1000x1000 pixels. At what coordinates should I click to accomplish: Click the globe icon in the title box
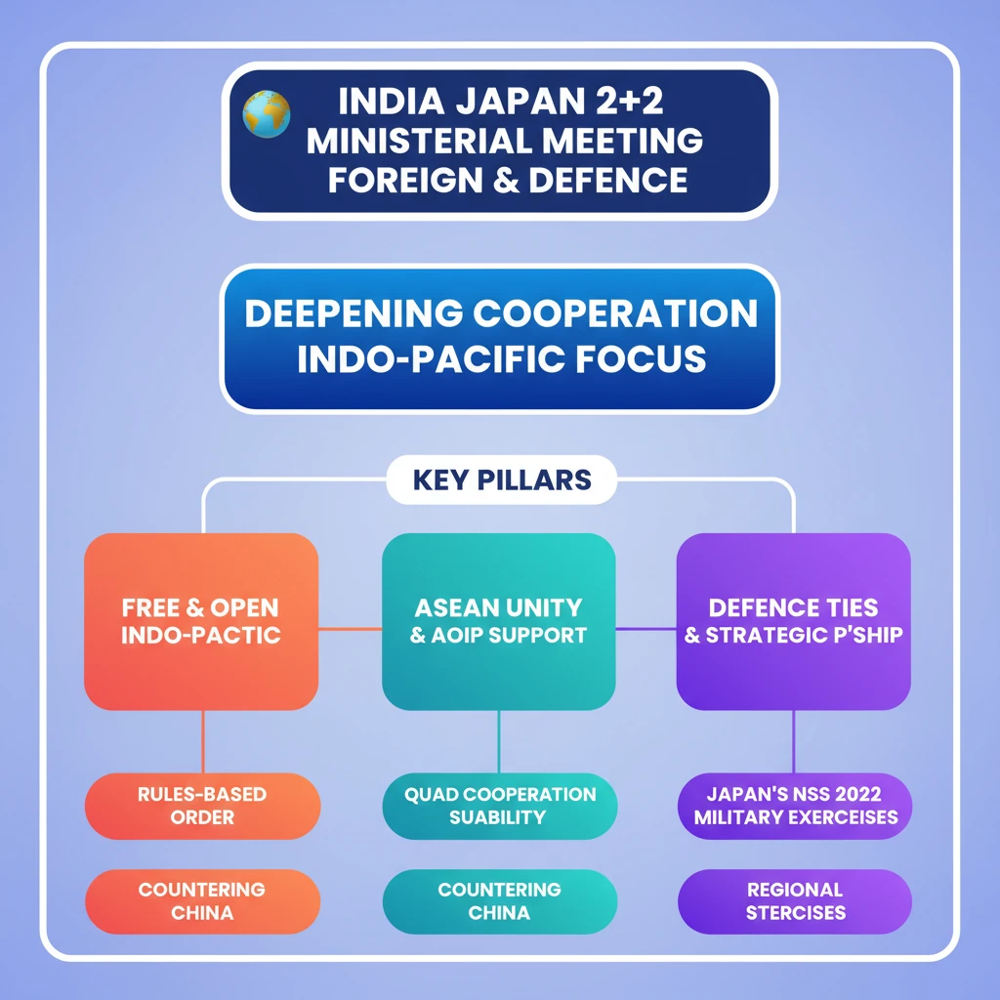pyautogui.click(x=267, y=114)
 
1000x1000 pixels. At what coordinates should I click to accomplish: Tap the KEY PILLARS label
pyautogui.click(x=502, y=480)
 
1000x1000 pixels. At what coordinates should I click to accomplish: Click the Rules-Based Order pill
pyautogui.click(x=202, y=805)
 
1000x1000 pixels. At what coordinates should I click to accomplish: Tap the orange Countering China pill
pyautogui.click(x=202, y=901)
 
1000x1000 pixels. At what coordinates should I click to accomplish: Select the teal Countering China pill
pyautogui.click(x=499, y=901)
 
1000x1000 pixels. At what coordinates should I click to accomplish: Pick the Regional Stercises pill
pyautogui.click(x=794, y=901)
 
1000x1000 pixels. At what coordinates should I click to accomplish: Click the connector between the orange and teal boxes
pyautogui.click(x=350, y=629)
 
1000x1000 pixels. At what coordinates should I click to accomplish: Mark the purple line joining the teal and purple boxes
pyautogui.click(x=646, y=629)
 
